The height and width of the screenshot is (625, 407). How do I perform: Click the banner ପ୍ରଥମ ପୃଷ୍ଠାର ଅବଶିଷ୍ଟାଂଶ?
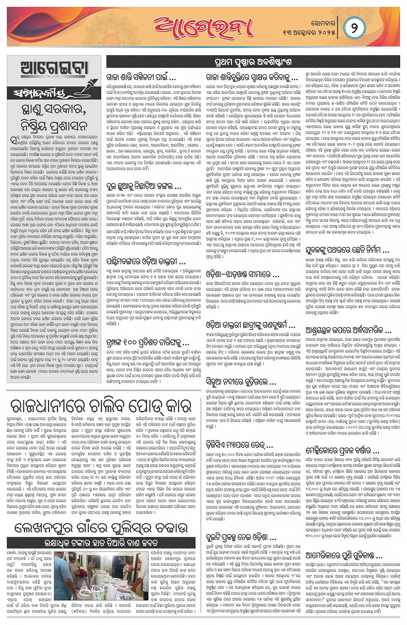(x=252, y=62)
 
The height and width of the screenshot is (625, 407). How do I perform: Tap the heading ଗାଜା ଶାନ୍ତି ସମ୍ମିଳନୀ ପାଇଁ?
(x=141, y=78)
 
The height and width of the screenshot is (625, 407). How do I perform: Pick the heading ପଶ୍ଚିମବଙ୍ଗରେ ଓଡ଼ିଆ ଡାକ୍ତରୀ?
(x=146, y=261)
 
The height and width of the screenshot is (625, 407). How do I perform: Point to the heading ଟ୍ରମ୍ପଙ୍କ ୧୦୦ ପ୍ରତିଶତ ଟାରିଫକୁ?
(x=148, y=343)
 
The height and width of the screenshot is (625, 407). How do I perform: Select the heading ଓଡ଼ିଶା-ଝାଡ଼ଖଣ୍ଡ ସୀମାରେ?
(x=243, y=274)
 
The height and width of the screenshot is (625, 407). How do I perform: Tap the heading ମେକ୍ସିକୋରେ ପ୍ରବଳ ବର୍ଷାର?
(x=342, y=451)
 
